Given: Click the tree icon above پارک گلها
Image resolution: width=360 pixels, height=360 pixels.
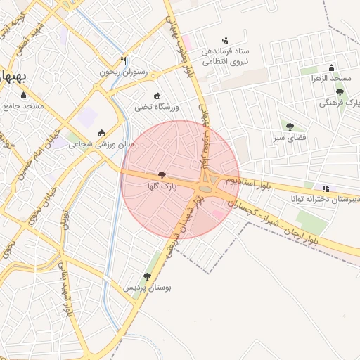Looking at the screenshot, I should [x=162, y=175].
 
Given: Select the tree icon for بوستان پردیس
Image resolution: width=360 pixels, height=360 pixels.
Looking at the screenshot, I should [x=147, y=276].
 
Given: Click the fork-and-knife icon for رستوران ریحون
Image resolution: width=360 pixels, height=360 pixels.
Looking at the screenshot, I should [x=124, y=60].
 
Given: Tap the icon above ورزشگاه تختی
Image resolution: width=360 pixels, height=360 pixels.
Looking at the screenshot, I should [x=156, y=96].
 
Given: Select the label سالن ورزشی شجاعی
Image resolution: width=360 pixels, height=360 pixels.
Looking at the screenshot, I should [x=102, y=145].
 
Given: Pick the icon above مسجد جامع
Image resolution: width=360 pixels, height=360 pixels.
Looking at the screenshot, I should [x=24, y=96].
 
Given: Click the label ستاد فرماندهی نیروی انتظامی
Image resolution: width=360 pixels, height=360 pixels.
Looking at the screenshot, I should [x=225, y=57].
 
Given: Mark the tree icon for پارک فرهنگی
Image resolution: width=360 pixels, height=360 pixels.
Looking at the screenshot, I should [x=340, y=92].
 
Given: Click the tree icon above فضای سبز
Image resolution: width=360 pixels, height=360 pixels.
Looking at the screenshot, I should [x=290, y=127].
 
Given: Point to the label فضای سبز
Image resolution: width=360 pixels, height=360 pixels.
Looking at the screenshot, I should [x=289, y=139].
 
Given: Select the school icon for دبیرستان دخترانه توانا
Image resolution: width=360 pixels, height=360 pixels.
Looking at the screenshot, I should [x=325, y=188].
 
